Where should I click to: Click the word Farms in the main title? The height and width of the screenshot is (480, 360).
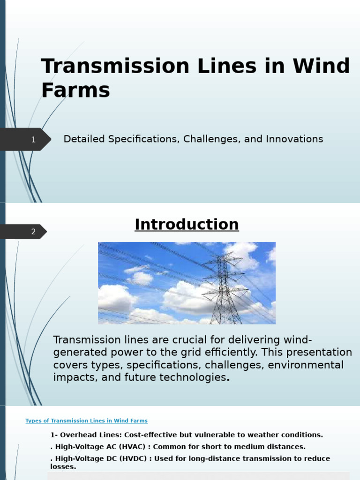coord(75,90)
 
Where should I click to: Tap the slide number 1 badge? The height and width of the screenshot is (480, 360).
coord(33,139)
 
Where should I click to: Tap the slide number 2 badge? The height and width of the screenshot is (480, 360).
coord(33,232)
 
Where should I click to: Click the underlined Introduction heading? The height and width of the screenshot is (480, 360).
coord(187,225)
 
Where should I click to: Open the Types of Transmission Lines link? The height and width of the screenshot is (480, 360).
coord(86,421)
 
